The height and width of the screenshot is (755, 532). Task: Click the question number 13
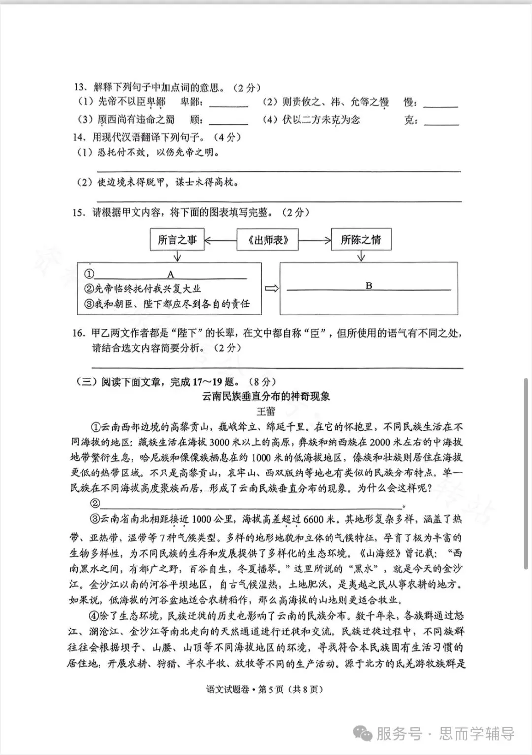(80, 88)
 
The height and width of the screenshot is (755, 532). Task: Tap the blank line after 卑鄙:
(229, 105)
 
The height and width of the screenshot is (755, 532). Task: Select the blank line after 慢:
(440, 105)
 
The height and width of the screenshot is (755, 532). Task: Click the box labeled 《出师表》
(268, 240)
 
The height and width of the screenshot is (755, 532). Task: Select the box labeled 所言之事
(177, 240)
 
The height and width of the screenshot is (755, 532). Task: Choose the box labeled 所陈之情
(361, 240)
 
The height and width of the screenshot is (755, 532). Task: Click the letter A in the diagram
(171, 274)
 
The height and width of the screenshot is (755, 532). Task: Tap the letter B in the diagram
(369, 285)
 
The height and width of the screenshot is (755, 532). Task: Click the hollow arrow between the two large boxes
(271, 288)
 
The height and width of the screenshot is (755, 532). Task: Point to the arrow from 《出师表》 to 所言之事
(220, 241)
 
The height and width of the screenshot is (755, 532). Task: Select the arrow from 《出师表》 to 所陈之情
(314, 241)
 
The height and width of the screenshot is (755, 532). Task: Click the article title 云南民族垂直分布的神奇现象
(266, 396)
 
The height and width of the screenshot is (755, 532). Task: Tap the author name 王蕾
(266, 411)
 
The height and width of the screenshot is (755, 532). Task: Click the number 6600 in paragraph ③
(314, 520)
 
